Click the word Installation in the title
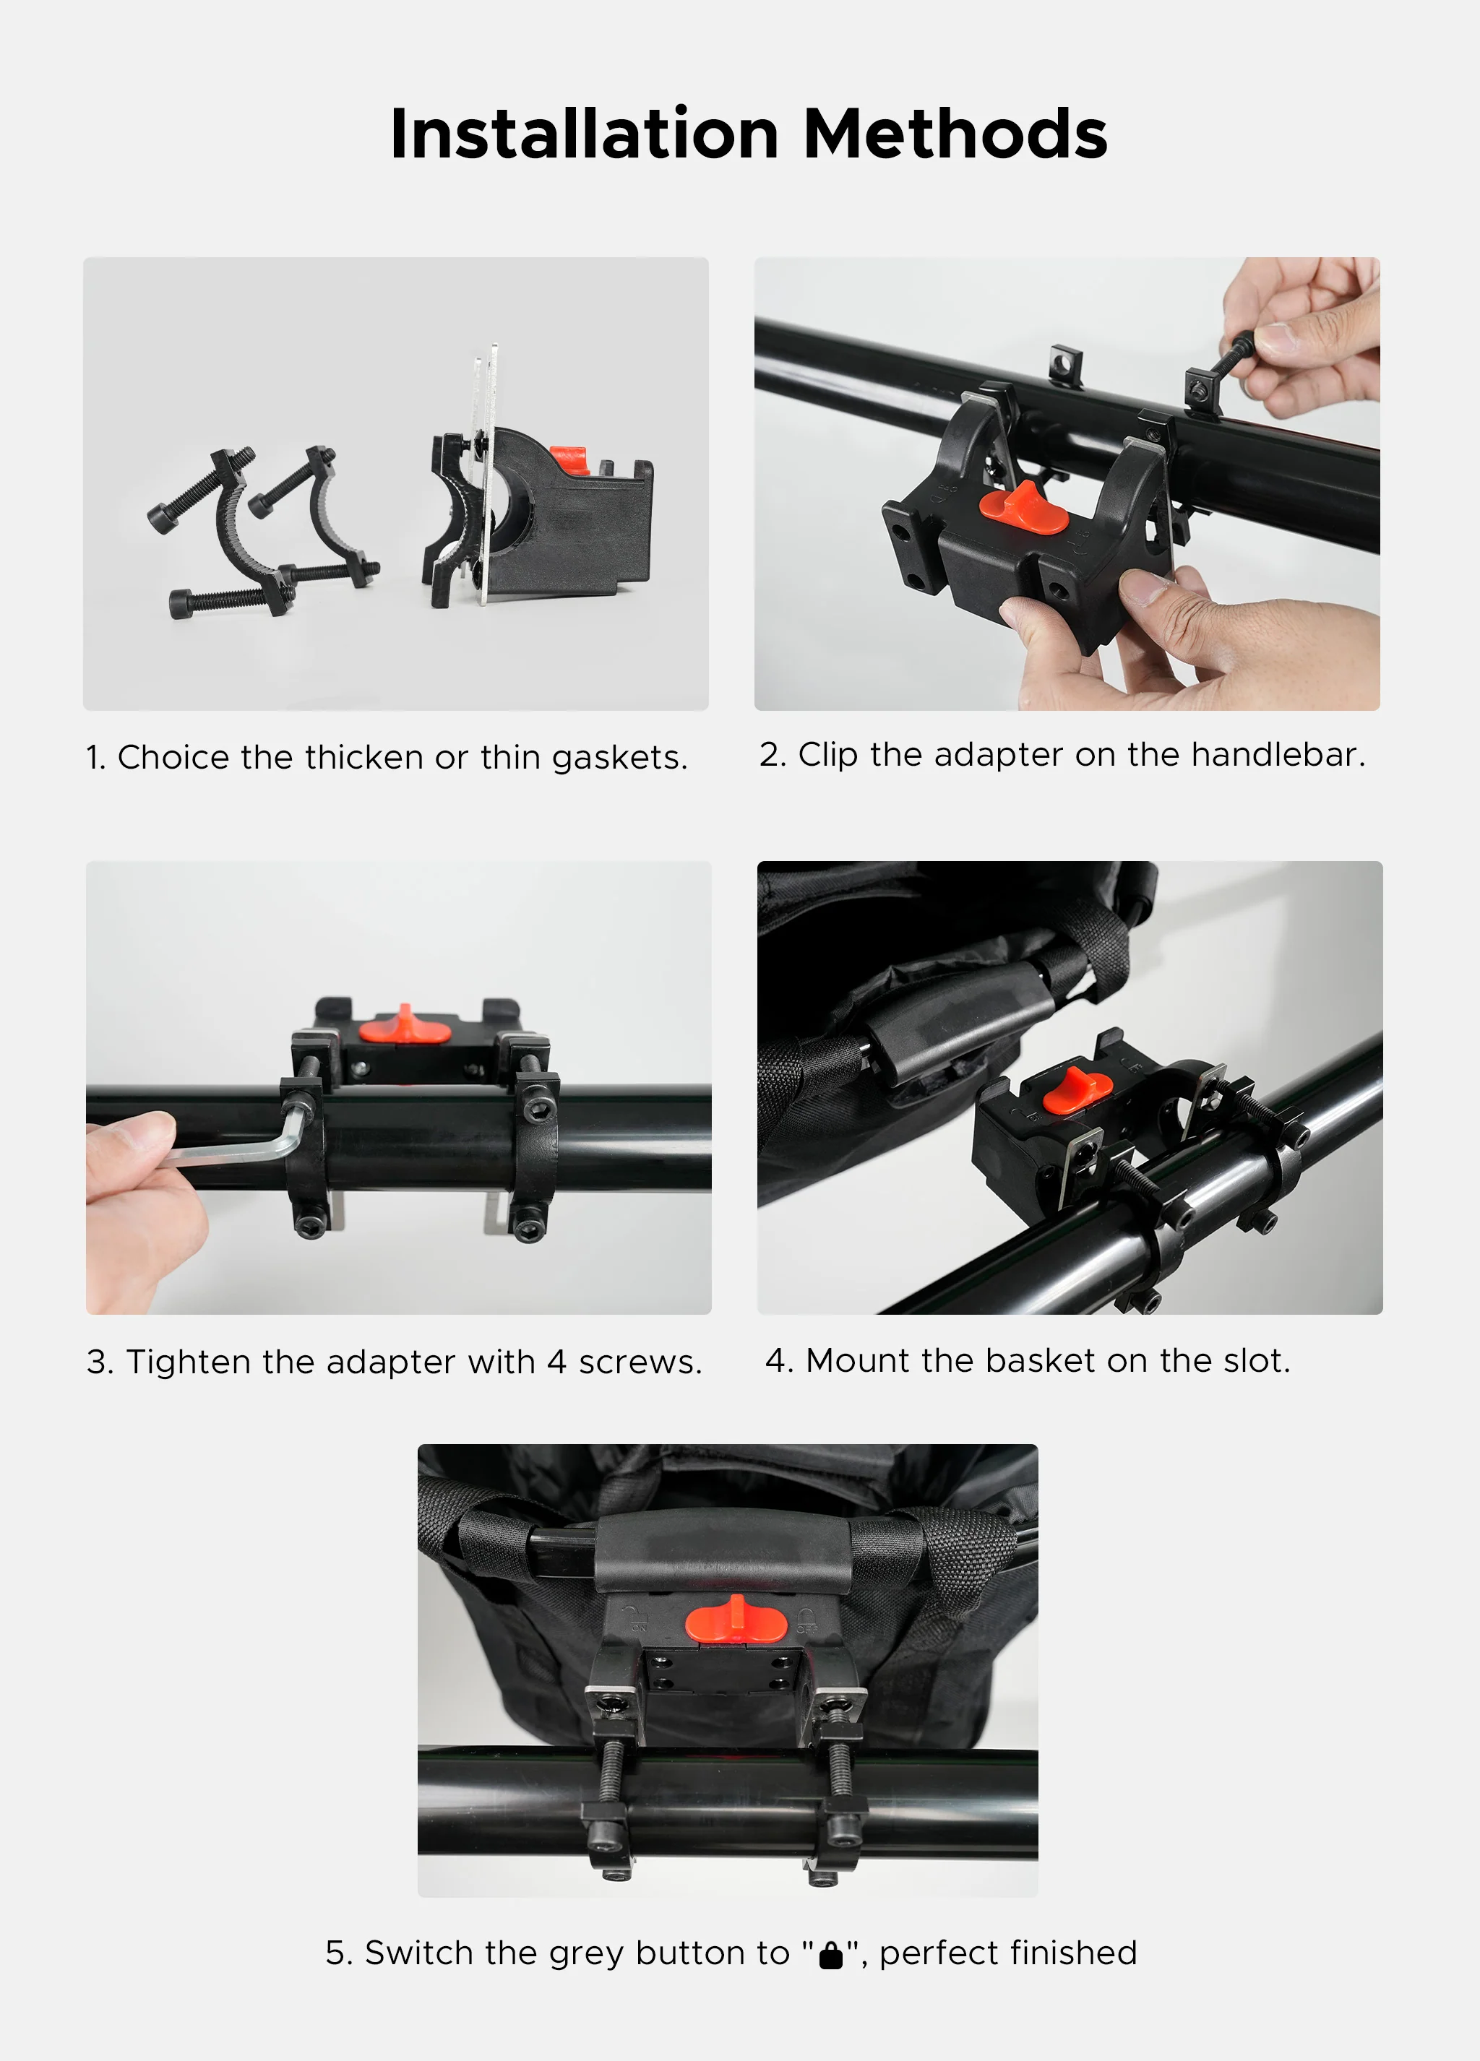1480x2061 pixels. tap(584, 134)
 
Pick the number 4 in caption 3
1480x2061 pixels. tap(556, 1362)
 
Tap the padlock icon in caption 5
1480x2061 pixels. tap(830, 1955)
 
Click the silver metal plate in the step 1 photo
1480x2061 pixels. tap(486, 472)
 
